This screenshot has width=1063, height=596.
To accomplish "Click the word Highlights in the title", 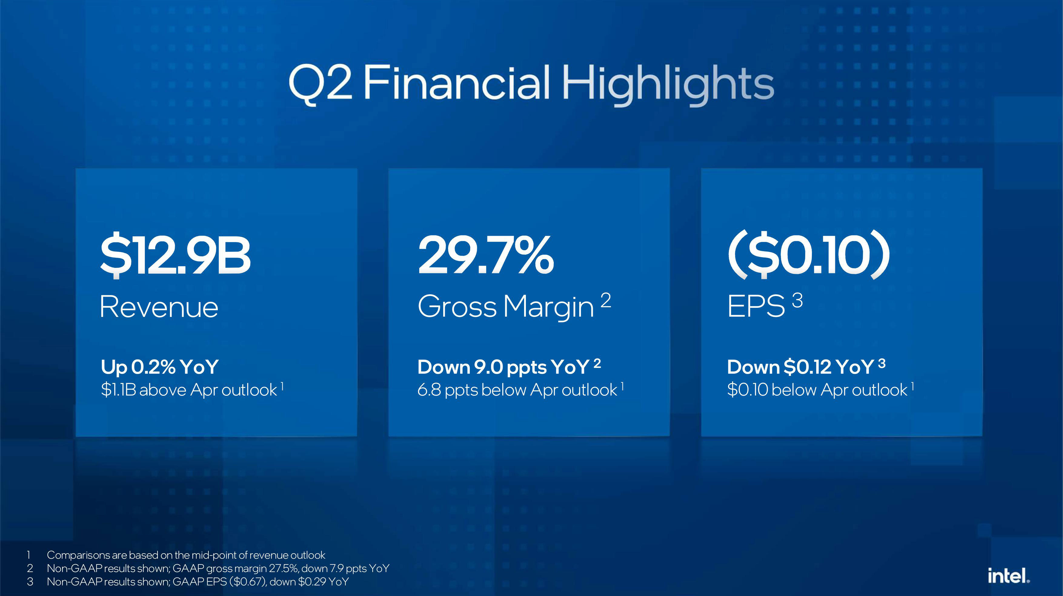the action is coord(668,85).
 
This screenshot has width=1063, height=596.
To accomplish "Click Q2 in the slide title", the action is coord(321,84).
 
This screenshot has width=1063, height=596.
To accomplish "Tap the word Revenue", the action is coord(159,307).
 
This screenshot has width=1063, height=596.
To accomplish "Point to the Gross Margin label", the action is coord(506,307).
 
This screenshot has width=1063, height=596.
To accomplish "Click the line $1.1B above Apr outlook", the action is coord(189,390).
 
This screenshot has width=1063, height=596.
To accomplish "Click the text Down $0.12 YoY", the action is coord(801,367).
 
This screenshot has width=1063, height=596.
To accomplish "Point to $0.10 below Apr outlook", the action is coord(817,390).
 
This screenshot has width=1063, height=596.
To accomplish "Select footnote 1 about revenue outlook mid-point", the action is coord(186,555).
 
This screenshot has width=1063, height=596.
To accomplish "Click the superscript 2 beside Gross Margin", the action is coord(605,301).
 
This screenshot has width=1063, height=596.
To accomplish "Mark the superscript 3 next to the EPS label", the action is coord(797,300).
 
